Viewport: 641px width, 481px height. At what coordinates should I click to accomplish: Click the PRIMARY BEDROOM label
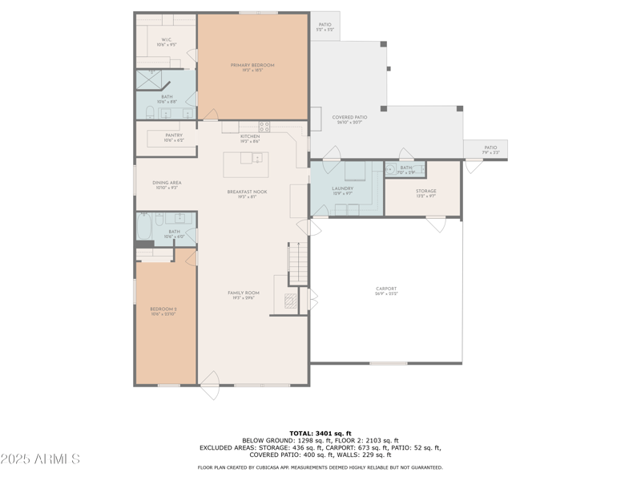(x=252, y=65)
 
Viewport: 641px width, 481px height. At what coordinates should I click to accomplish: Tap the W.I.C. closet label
(x=166, y=39)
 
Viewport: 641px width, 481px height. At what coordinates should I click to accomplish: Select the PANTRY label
(x=174, y=135)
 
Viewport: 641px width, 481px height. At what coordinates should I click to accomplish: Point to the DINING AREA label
(x=167, y=183)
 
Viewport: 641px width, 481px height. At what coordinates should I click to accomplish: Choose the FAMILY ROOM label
(x=243, y=293)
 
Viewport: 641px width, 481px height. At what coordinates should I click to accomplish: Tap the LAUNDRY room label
(x=342, y=188)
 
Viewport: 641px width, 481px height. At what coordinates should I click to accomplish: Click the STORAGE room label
(x=425, y=191)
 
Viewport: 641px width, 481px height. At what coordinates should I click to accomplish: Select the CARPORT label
(x=386, y=289)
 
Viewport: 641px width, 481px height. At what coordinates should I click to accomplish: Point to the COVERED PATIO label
(x=349, y=118)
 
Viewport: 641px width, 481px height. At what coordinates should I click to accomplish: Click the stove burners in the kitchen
(x=264, y=126)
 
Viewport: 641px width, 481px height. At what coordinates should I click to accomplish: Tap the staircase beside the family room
(x=298, y=261)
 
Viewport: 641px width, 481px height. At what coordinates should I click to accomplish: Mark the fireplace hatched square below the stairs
(x=290, y=301)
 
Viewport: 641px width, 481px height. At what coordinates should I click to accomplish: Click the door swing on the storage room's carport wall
(x=436, y=225)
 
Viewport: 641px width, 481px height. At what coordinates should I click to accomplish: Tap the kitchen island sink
(x=257, y=158)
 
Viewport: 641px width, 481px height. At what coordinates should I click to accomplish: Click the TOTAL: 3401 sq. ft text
(x=320, y=433)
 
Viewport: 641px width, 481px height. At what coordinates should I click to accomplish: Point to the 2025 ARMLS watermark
(x=40, y=459)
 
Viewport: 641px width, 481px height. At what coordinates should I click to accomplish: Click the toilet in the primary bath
(x=150, y=111)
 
